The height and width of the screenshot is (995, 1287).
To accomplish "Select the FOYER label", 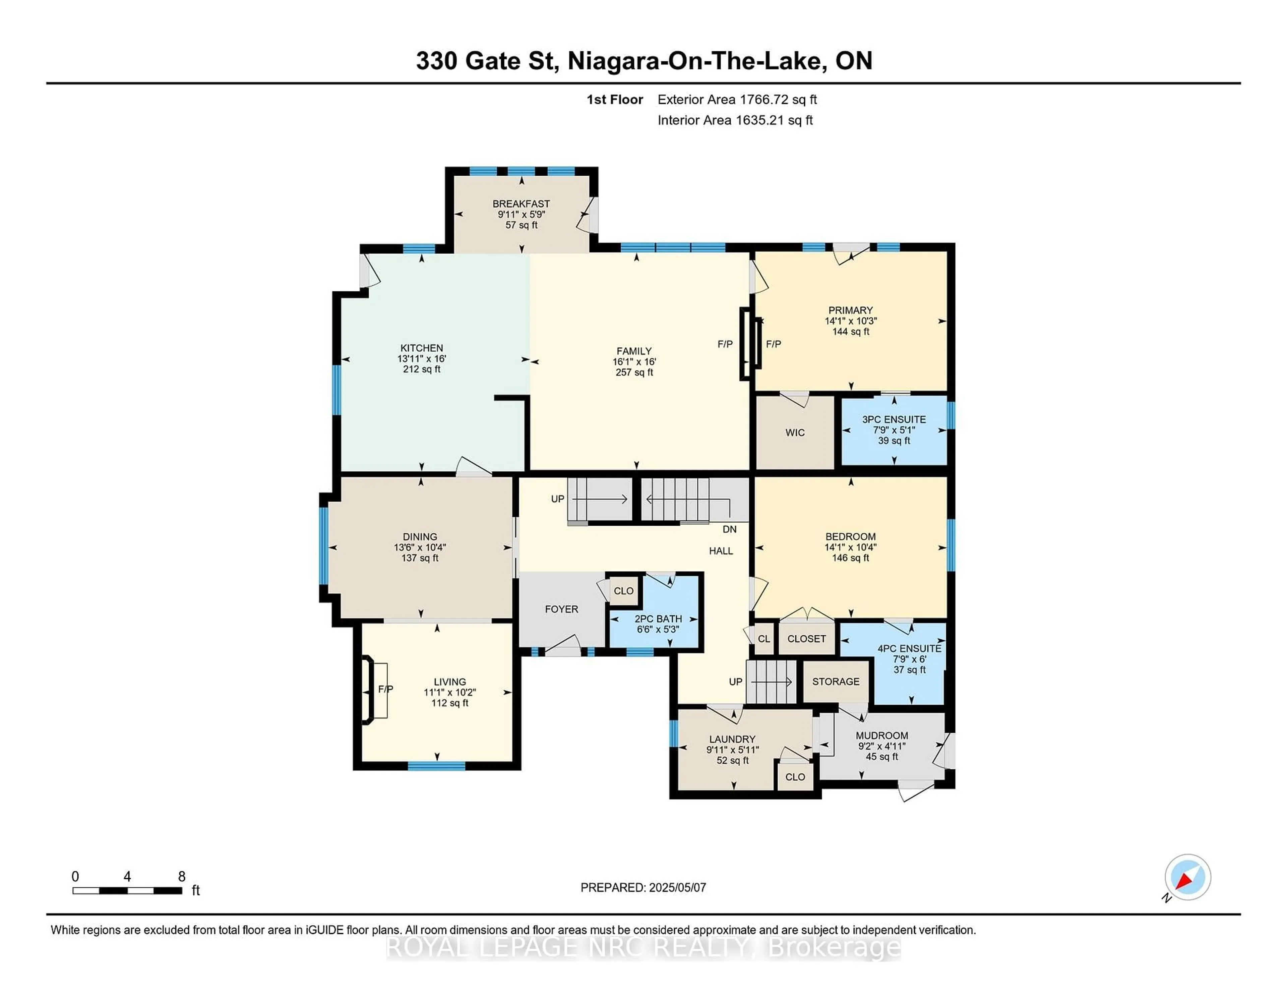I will pos(561,609).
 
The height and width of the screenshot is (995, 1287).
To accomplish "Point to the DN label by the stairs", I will pos(730,529).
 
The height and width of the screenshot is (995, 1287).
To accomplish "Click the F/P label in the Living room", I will pos(385,689).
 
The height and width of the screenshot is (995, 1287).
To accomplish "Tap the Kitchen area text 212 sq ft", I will pos(421,369).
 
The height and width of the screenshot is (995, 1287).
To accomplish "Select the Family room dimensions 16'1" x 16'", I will pos(634,361).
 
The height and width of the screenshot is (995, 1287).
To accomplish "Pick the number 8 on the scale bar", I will pos(182,877).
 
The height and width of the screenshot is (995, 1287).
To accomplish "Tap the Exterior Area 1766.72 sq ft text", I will pos(737,100).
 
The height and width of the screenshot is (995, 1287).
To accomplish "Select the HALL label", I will pos(721,550).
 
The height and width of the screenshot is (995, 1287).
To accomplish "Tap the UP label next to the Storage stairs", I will pos(735,682).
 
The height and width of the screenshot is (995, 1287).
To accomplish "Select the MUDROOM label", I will pos(881,736).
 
